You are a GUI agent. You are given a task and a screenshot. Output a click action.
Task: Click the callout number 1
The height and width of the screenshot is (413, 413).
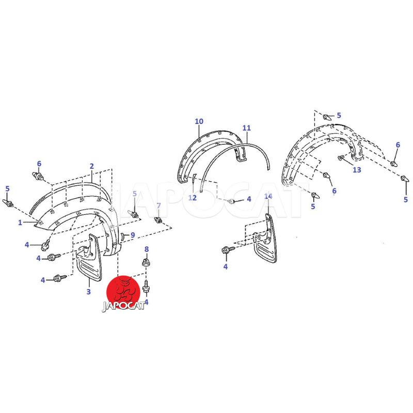(20, 223)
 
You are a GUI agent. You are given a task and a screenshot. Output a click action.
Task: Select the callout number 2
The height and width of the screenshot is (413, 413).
(92, 166)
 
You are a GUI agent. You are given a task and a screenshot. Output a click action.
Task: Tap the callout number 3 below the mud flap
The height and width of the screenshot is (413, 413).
(88, 292)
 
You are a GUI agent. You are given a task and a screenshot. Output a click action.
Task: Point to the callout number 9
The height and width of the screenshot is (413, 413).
(133, 235)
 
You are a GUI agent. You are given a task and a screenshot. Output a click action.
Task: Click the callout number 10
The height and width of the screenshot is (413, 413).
(199, 121)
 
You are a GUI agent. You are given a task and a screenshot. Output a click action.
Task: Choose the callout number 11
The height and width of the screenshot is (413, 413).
(247, 128)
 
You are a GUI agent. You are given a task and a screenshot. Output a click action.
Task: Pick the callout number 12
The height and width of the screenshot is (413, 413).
(193, 198)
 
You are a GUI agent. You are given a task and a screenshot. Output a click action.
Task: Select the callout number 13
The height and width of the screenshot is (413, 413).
(357, 170)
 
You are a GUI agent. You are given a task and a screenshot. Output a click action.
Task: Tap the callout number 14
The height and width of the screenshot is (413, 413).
(268, 196)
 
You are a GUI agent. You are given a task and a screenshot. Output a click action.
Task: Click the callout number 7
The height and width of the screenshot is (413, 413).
(158, 205)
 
